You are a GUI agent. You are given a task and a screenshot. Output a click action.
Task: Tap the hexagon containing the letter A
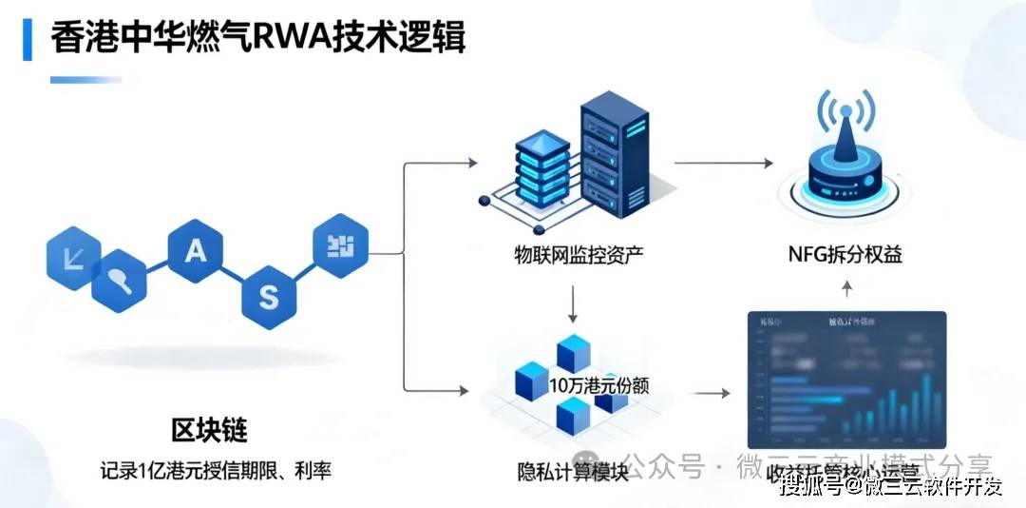195,251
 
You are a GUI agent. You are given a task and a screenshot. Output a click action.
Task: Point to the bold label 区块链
209,431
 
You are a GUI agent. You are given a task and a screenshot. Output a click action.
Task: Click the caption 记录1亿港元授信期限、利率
216,470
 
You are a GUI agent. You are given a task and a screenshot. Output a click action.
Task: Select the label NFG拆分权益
845,255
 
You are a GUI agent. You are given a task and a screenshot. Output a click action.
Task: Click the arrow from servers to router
723,163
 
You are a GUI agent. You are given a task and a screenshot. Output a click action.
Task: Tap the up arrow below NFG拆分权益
848,288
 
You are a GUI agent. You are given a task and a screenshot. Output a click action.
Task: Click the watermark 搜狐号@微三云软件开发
890,487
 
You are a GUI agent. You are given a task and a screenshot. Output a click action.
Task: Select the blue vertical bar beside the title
28,40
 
